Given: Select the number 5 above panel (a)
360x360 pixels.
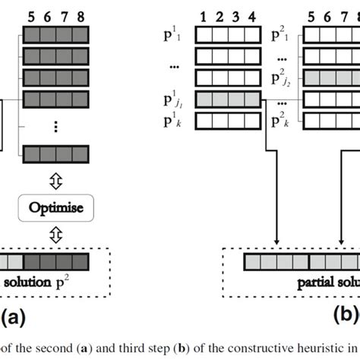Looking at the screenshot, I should [x=30, y=14].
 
